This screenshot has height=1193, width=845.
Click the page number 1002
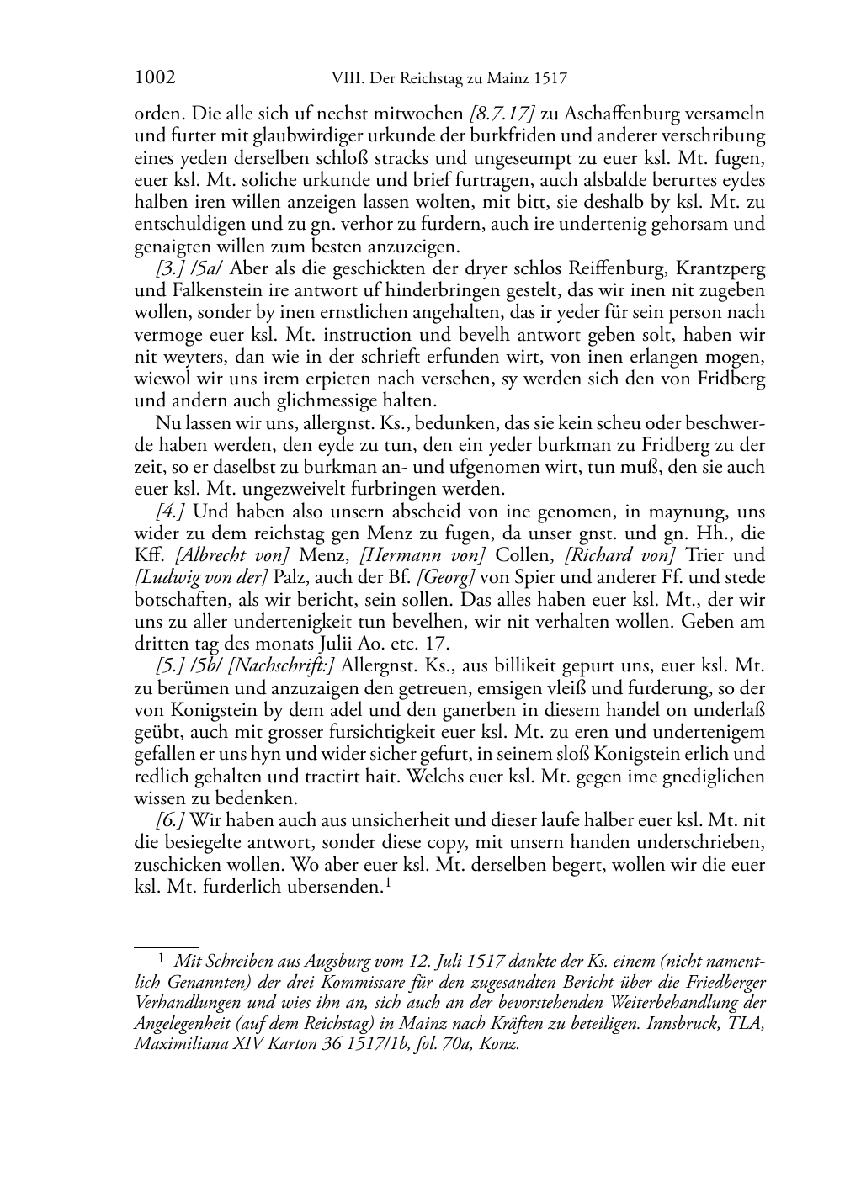(x=155, y=78)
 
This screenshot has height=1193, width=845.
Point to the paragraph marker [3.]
(x=169, y=268)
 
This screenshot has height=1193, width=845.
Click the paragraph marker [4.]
(x=171, y=512)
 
